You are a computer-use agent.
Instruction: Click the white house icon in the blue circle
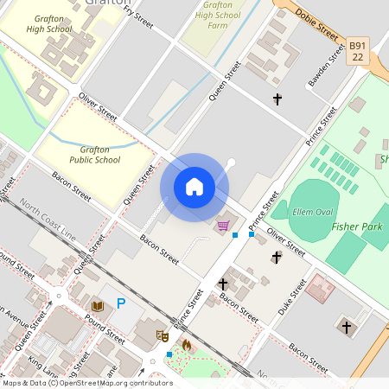tap(194, 187)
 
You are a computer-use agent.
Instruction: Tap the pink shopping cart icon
tap(223, 226)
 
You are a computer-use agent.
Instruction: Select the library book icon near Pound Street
tap(97, 306)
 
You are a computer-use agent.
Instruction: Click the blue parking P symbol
tap(121, 303)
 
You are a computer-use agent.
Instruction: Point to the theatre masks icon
tap(161, 335)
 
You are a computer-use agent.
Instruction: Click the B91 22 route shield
tap(359, 50)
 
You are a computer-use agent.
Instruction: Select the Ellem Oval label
tap(314, 212)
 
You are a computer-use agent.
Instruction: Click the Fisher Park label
tap(356, 226)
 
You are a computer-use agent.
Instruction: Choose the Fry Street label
tap(138, 16)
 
